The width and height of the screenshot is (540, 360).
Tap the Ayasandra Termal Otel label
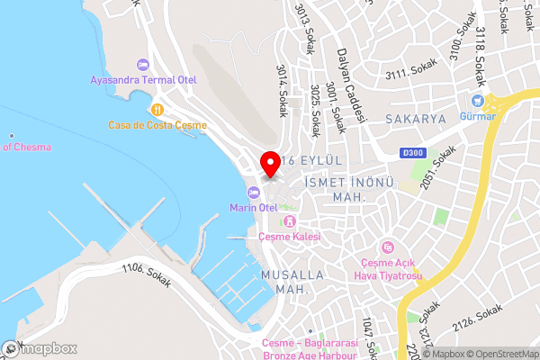point(143,79)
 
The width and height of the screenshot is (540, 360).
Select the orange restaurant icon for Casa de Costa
point(157,110)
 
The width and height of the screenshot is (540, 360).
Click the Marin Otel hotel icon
point(253,192)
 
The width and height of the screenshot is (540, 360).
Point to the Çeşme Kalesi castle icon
point(289,221)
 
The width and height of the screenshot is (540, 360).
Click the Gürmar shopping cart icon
point(478,101)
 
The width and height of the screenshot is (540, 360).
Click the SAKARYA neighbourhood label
point(416,118)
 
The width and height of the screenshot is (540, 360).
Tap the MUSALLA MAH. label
point(284,281)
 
